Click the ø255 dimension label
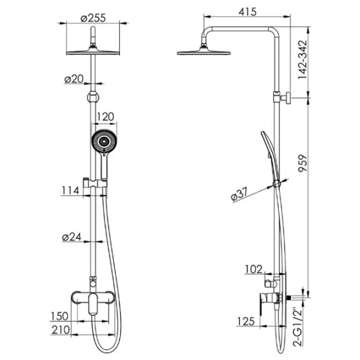point(93,17)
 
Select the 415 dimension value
point(247,12)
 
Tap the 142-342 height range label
point(302,59)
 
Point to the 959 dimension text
point(302,163)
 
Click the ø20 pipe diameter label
point(74,79)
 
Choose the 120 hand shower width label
point(104,116)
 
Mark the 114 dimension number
point(70,191)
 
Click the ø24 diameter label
point(71,237)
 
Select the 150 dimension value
point(59,316)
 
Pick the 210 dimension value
point(61,330)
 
